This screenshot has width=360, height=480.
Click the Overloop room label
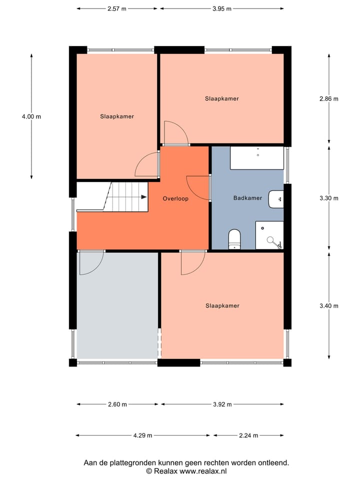[x=175, y=198]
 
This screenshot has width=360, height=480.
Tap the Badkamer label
[x=247, y=198]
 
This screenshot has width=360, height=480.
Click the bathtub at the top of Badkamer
[x=256, y=158]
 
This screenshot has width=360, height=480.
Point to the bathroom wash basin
[x=276, y=199]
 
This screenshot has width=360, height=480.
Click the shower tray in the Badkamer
[x=269, y=235]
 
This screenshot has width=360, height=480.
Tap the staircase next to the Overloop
[x=127, y=197]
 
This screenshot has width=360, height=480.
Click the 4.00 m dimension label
[x=31, y=116]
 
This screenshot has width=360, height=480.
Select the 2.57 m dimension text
[x=117, y=8]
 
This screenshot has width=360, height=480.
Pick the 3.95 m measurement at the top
[x=221, y=8]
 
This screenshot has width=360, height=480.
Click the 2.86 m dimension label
[x=328, y=98]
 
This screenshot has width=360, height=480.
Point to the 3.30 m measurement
[x=328, y=198]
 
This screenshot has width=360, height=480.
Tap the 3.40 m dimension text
[x=328, y=305]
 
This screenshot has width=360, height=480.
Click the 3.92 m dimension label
[x=221, y=404]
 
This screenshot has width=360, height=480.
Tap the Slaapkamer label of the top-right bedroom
[x=221, y=98]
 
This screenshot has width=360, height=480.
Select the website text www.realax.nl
[x=203, y=471]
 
